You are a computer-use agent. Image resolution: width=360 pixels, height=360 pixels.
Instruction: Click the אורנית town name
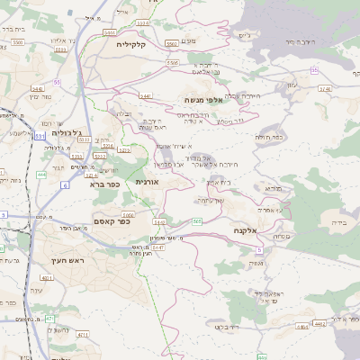(147, 181)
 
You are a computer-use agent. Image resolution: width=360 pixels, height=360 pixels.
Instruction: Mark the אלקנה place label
(246, 230)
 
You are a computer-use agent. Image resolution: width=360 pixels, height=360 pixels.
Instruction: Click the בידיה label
(338, 221)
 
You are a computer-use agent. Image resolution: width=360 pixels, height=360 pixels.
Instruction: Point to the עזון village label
(291, 85)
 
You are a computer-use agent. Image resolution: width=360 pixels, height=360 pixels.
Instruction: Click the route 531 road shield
(40, 136)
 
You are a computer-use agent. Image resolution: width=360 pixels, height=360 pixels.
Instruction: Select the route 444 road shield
(41, 176)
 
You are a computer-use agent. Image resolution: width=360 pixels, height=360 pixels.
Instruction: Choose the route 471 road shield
(49, 319)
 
